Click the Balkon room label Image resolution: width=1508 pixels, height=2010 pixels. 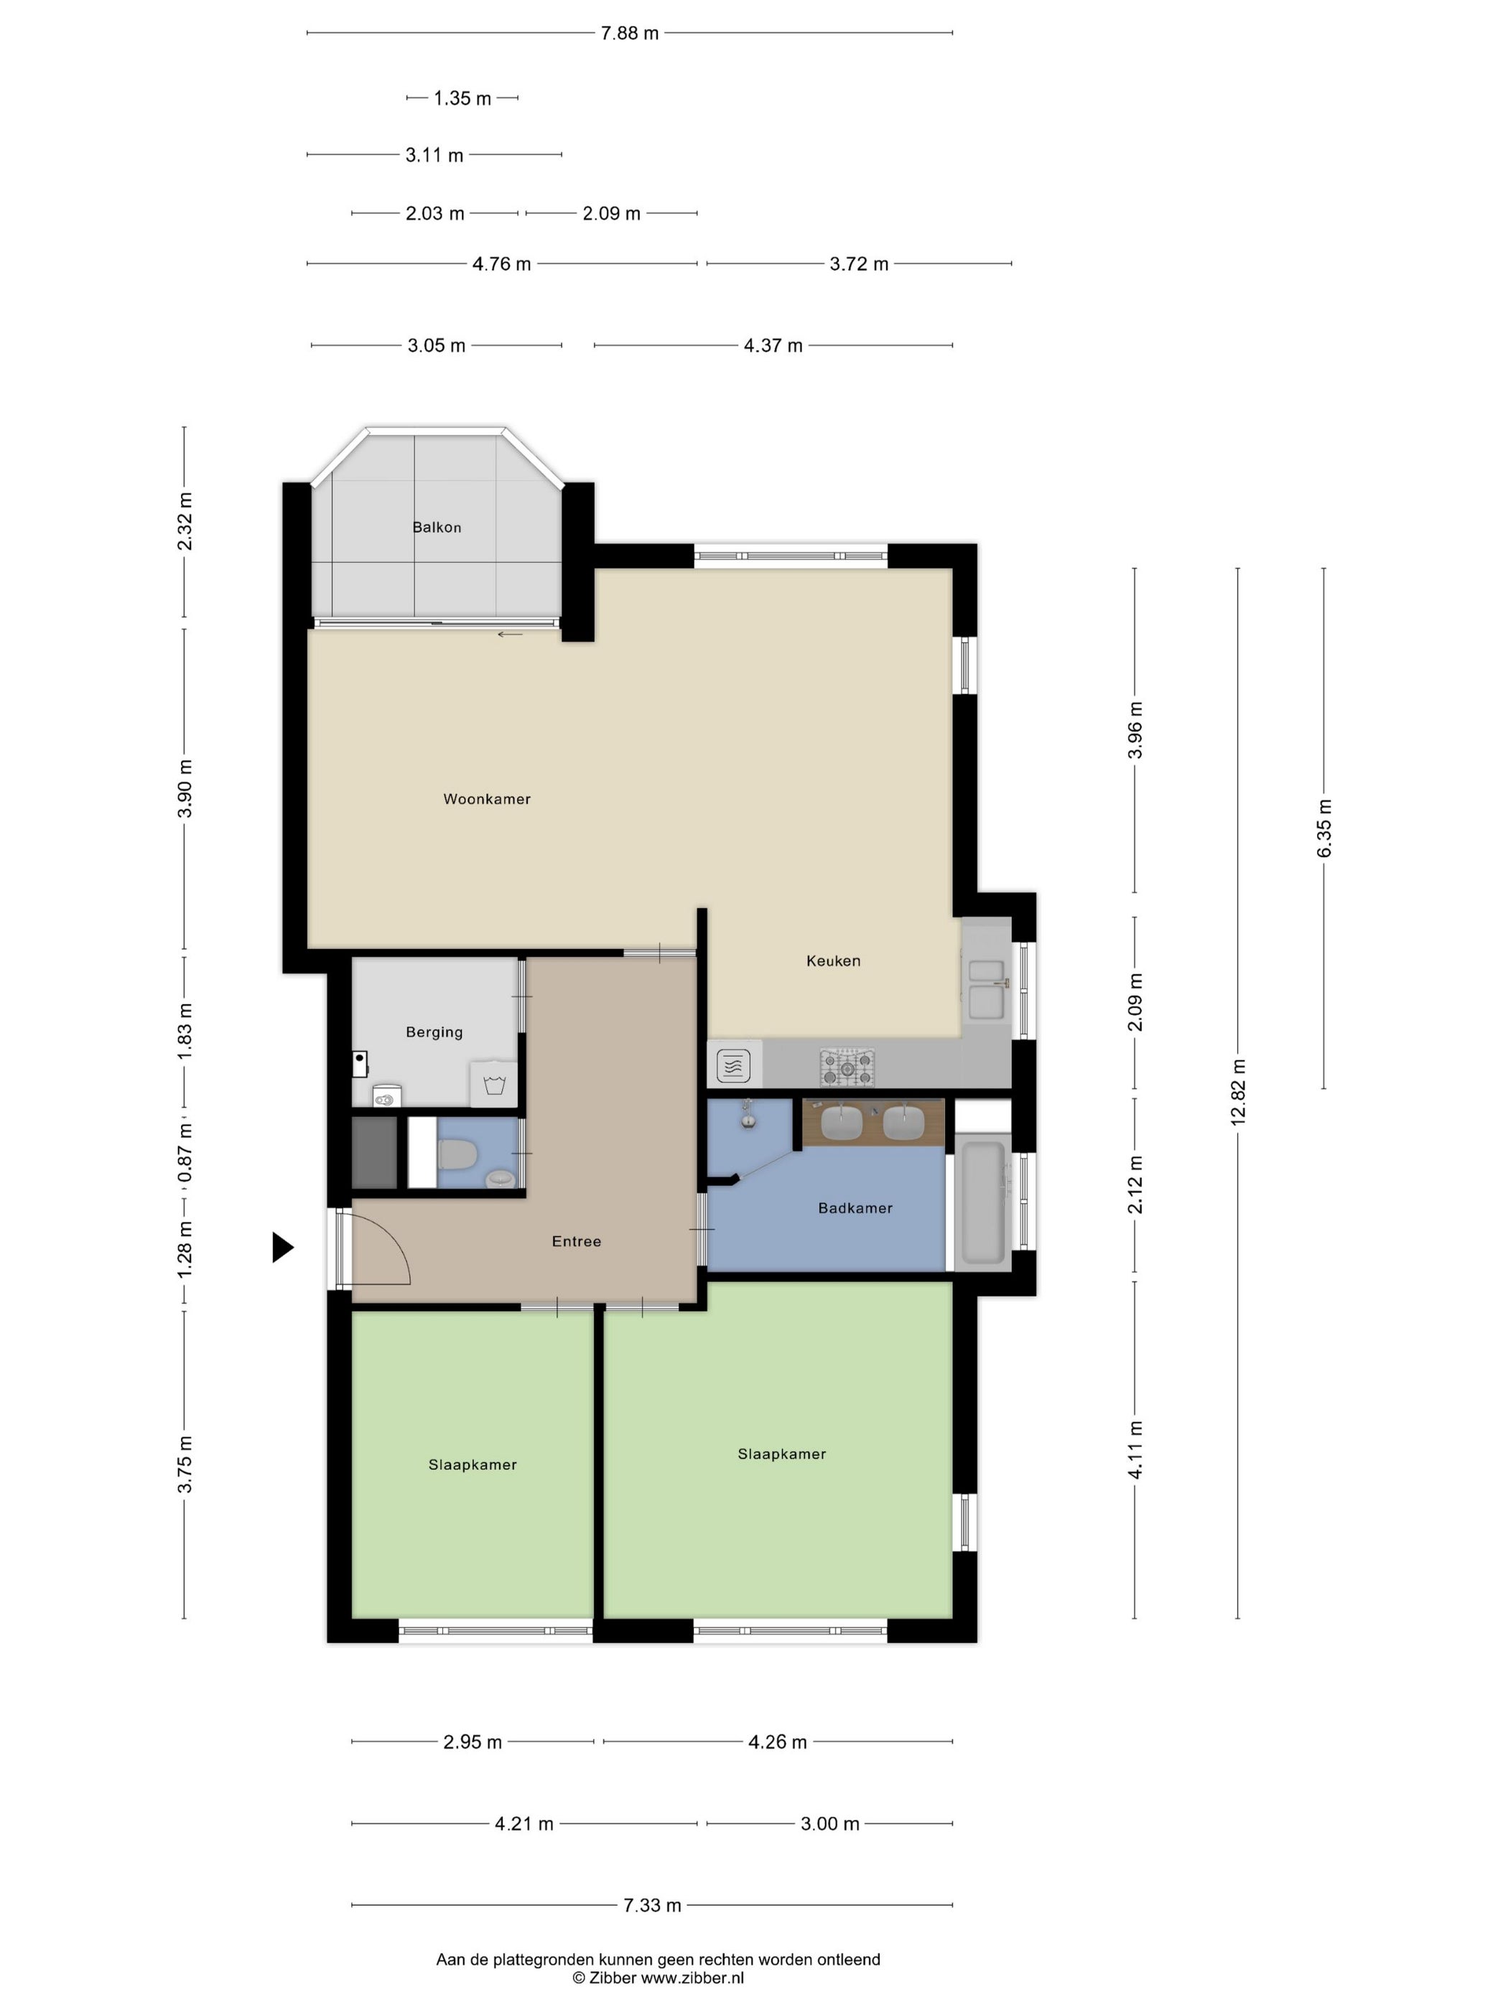pyautogui.click(x=437, y=527)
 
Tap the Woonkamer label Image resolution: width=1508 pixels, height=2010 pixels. pyautogui.click(x=486, y=799)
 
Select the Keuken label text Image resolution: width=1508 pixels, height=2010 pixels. pyautogui.click(x=832, y=960)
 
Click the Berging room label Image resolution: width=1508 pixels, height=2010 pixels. pyautogui.click(x=434, y=1032)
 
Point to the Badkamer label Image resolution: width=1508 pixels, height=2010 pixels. pyautogui.click(x=855, y=1207)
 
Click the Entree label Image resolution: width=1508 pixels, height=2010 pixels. pyautogui.click(x=577, y=1241)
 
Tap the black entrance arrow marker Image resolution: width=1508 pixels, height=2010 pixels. pyautogui.click(x=283, y=1248)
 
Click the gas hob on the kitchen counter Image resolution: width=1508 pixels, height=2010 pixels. pyautogui.click(x=847, y=1067)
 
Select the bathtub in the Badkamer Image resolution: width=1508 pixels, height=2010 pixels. pyautogui.click(x=982, y=1202)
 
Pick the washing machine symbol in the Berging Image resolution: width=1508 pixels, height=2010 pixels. pyautogui.click(x=493, y=1083)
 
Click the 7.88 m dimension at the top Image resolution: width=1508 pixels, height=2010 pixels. pyautogui.click(x=629, y=34)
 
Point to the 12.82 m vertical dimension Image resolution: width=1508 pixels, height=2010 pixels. pyautogui.click(x=1237, y=1093)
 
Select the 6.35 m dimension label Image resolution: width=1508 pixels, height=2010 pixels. pyautogui.click(x=1323, y=828)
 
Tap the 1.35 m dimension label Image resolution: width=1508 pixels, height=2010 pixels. pyautogui.click(x=462, y=98)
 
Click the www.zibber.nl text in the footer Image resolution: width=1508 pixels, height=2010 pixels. pyautogui.click(x=692, y=1977)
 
